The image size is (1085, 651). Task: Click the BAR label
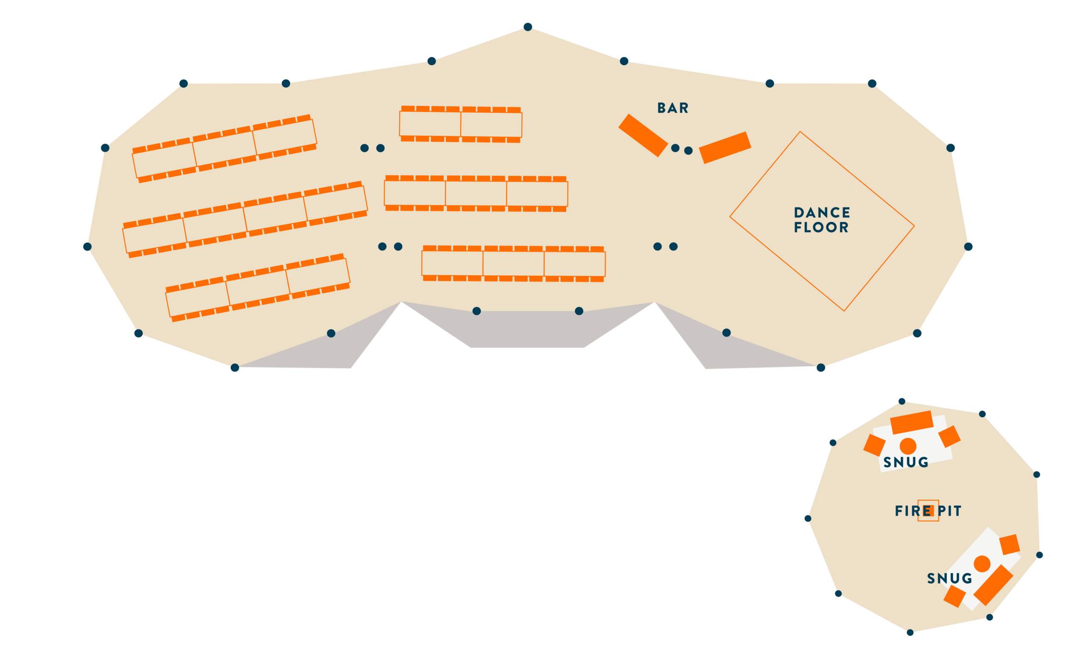[673, 108]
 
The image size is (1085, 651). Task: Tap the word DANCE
[822, 213]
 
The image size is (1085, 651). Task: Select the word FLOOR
[821, 227]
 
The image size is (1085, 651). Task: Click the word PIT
[949, 511]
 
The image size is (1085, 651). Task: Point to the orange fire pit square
[928, 511]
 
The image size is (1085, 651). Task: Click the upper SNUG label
[906, 462]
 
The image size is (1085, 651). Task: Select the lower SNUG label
[949, 579]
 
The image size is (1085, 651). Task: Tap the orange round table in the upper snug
[908, 446]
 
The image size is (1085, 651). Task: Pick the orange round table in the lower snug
[982, 564]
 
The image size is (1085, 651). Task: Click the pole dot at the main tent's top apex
[528, 27]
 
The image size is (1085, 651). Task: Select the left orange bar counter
[643, 136]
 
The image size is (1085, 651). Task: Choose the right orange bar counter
[725, 148]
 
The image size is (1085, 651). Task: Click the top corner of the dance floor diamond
[800, 132]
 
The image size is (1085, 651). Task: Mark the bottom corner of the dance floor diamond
[844, 311]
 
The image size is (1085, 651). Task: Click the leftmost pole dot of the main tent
[87, 247]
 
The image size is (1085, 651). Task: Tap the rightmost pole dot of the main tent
[968, 247]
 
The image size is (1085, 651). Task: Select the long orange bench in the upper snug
[912, 423]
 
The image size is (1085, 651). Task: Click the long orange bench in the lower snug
[993, 585]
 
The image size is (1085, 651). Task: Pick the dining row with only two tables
[460, 124]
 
